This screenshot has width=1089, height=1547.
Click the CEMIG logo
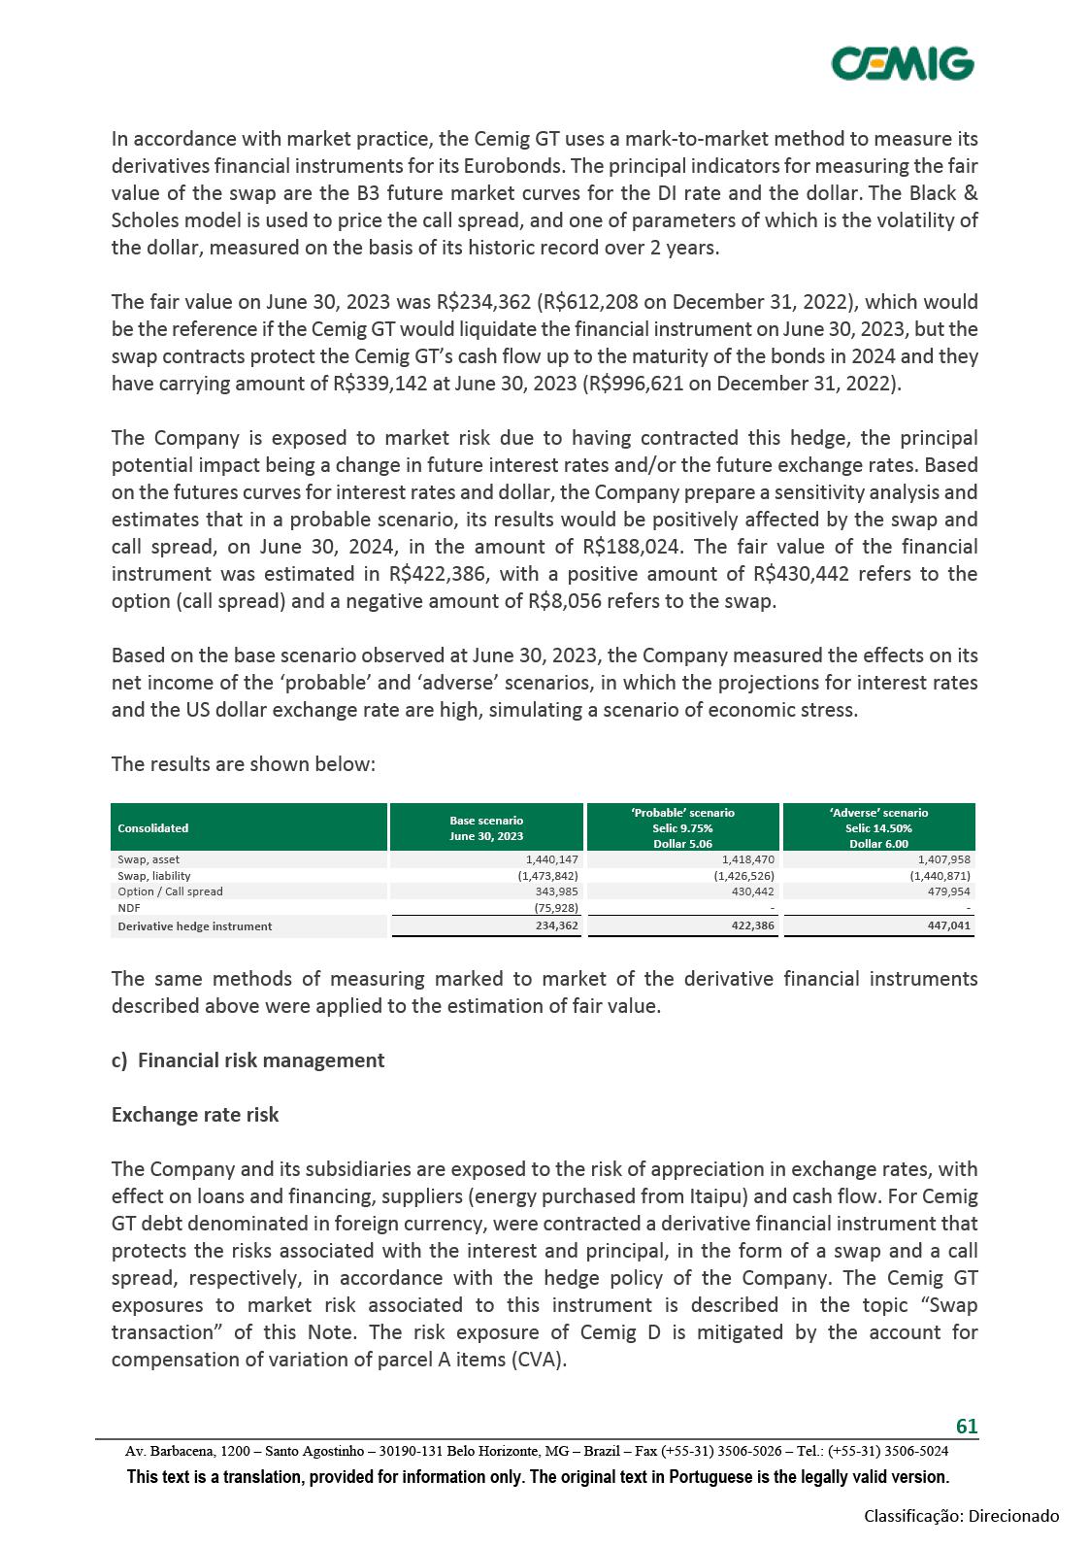[903, 64]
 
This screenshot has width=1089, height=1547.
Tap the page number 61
[967, 1426]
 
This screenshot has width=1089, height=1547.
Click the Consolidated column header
[153, 828]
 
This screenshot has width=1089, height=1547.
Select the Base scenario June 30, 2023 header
[486, 828]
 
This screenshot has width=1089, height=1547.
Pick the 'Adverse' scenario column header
[878, 827]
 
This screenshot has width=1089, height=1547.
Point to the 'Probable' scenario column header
[682, 827]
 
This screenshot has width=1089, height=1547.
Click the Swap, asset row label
[148, 859]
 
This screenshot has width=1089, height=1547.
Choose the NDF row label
[129, 908]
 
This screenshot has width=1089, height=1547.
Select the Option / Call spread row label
[170, 891]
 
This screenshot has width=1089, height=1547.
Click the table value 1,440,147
[550, 859]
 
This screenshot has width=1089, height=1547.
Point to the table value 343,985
[556, 891]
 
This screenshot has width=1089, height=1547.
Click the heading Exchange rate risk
[195, 1115]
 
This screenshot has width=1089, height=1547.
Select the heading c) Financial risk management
[247, 1060]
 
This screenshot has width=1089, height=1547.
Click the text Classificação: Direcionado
[962, 1516]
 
